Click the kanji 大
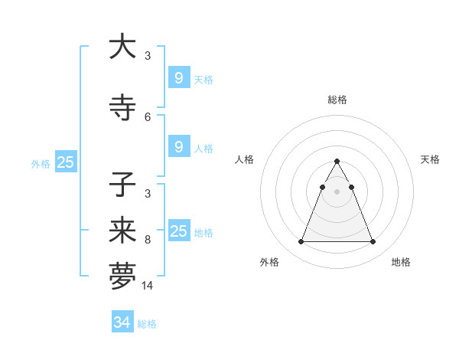point(122,47)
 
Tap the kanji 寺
point(122,108)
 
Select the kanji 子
point(122,185)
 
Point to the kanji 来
point(122,231)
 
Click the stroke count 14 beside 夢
point(148,286)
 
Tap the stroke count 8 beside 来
point(148,240)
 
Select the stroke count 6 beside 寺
point(148,117)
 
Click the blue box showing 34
point(122,322)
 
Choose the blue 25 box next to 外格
point(65,162)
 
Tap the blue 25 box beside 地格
point(178,231)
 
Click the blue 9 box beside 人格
point(178,146)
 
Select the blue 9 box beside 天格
point(178,77)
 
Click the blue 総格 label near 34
point(147,324)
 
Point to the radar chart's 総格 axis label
point(337,100)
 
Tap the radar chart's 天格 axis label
point(431,159)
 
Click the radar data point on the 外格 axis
point(301,242)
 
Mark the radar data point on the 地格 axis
point(373,242)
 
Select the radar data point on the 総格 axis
point(337,162)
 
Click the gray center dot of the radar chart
point(337,192)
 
